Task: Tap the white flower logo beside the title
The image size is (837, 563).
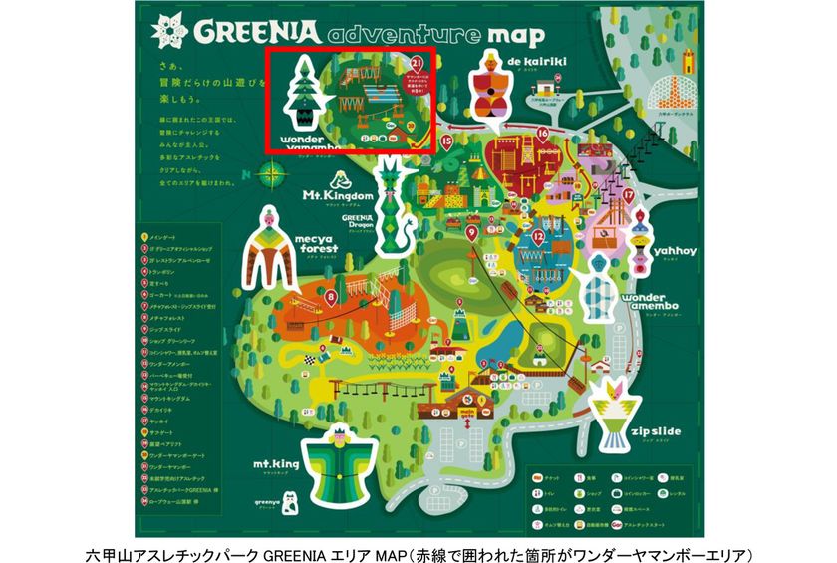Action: pyautogui.click(x=169, y=31)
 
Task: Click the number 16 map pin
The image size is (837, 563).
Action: pyautogui.click(x=543, y=133)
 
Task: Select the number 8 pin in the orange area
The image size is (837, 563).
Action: pyautogui.click(x=330, y=295)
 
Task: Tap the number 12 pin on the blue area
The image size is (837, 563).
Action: pyautogui.click(x=537, y=237)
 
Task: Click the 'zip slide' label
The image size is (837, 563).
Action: pyautogui.click(x=655, y=430)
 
